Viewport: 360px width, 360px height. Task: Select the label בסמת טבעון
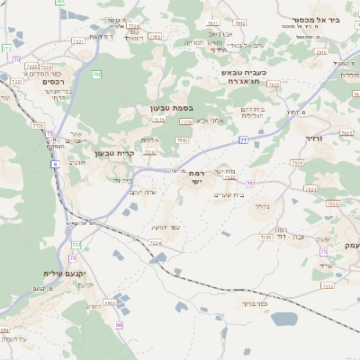point(170,108)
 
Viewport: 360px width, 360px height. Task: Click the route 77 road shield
point(243,141)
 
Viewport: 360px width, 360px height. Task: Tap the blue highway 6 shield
point(55,165)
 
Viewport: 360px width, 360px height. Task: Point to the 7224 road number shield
point(155,242)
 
